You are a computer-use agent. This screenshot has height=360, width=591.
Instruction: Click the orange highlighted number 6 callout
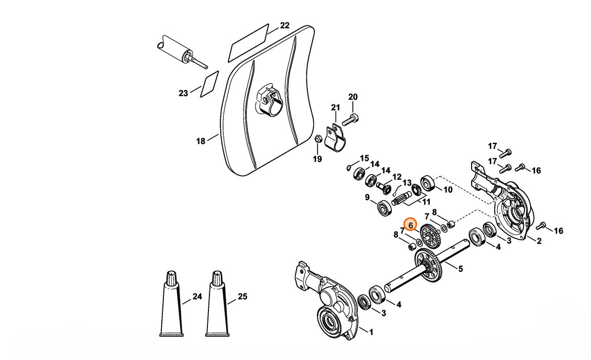coord(411,225)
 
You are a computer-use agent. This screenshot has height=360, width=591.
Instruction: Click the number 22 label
coord(285,25)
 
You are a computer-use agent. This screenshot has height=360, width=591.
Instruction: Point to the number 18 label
coord(201,141)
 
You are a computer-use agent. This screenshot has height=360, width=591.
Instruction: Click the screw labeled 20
coord(350,119)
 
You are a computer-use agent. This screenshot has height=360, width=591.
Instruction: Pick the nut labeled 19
coord(318,140)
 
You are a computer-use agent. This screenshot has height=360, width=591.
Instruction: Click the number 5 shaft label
coord(460,269)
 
